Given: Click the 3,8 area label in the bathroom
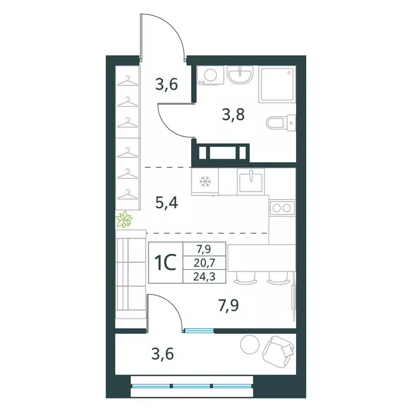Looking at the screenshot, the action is [233, 115].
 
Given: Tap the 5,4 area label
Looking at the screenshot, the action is [167, 203].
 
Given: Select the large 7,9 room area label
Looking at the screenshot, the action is [229, 306].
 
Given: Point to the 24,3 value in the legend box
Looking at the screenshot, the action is [204, 276].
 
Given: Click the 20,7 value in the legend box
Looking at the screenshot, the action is [204, 262].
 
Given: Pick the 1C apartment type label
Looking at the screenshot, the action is [165, 263].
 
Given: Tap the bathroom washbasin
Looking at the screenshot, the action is [240, 75].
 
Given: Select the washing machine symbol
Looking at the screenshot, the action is [210, 75].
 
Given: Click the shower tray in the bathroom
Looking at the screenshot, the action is [277, 84].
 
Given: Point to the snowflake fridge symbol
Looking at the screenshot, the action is [206, 181].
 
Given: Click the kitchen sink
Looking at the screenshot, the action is [251, 182].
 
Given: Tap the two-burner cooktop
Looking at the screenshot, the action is [282, 208].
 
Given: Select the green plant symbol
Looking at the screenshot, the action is [124, 219].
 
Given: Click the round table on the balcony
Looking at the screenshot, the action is [249, 344].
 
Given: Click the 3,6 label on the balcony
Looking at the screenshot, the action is [163, 354].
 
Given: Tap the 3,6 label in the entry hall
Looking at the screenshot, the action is [167, 85].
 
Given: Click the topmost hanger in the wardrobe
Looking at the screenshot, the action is [128, 81].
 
